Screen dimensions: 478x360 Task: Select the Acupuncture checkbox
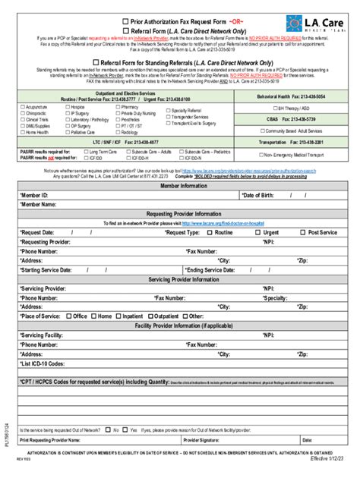[22, 108]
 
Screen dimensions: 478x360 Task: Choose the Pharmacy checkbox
[116, 108]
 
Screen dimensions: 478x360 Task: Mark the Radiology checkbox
[116, 132]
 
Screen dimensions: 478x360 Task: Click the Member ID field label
[34, 194]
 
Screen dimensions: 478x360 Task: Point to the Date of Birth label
[261, 194]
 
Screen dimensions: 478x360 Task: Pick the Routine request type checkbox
[209, 232]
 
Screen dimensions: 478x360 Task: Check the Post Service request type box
[303, 232]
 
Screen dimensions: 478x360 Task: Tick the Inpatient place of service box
[118, 316]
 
